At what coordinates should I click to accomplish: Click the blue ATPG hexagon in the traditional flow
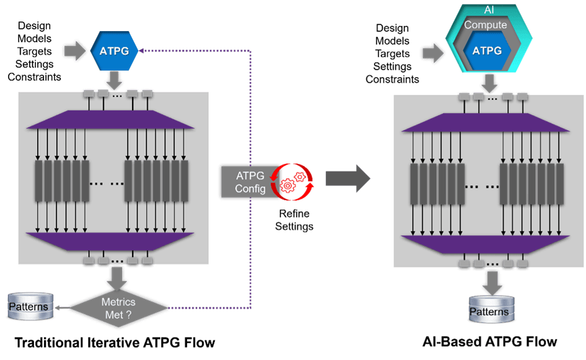[113, 50]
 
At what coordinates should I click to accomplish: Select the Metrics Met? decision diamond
[118, 306]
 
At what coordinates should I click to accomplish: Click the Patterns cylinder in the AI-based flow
[489, 311]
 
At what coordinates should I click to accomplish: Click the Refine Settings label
[294, 220]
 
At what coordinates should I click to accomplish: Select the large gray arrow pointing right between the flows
[348, 179]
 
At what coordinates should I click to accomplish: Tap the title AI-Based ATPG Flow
[490, 340]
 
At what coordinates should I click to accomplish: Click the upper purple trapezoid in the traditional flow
[110, 119]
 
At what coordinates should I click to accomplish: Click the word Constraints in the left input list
[35, 77]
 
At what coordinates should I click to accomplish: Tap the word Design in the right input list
[392, 28]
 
